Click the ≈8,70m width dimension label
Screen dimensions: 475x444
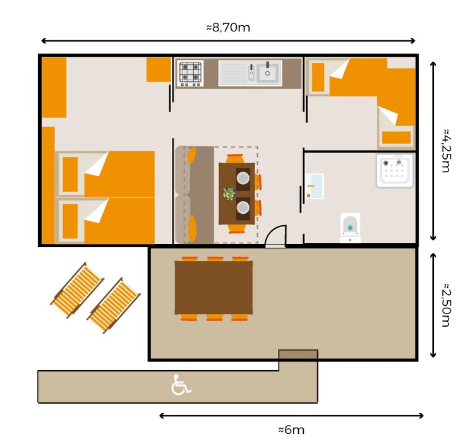[x=229, y=28]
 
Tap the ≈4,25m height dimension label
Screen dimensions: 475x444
[x=446, y=151]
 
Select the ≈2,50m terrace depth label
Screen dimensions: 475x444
[x=446, y=305]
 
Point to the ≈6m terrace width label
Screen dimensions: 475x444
[x=291, y=429]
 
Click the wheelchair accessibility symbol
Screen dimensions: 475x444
[x=181, y=385]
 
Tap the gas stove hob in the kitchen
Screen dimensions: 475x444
[x=191, y=73]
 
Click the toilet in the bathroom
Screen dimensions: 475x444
[x=350, y=228]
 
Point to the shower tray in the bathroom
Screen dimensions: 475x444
[x=395, y=170]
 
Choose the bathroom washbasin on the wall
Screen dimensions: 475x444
[x=315, y=186]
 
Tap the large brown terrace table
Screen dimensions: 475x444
[x=214, y=288]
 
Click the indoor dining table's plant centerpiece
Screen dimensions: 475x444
[x=229, y=194]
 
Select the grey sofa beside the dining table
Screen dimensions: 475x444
[x=195, y=195]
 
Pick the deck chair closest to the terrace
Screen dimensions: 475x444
[x=114, y=305]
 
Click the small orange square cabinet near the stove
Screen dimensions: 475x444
[x=159, y=69]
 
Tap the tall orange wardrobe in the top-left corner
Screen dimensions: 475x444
[x=54, y=88]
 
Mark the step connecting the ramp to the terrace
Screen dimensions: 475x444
[x=298, y=354]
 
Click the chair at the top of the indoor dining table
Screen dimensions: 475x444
[x=235, y=158]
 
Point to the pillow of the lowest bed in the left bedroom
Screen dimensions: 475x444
[x=70, y=221]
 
